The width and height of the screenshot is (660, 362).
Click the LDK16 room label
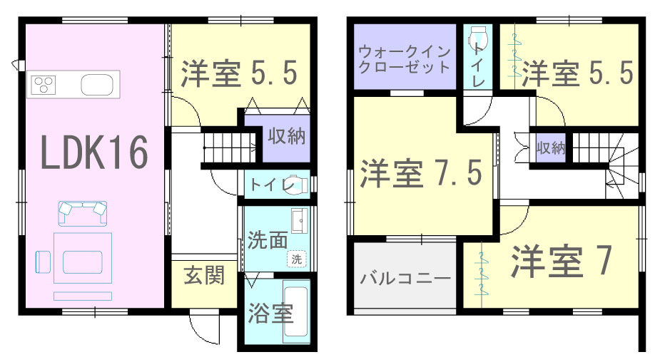click(95, 152)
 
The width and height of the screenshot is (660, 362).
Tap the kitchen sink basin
click(97, 85)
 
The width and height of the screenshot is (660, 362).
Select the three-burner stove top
click(44, 85)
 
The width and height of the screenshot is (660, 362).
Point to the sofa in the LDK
click(82, 213)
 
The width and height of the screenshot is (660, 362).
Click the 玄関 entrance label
click(204, 276)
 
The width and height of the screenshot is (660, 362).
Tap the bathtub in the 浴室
click(297, 311)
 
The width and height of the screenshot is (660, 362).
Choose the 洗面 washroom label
click(268, 240)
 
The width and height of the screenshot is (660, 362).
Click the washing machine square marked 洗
click(297, 259)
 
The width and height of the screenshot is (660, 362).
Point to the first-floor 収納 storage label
click(287, 136)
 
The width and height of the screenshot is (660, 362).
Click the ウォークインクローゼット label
click(405, 60)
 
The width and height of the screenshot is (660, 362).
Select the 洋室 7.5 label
click(421, 173)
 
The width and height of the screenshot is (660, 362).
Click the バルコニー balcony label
click(405, 279)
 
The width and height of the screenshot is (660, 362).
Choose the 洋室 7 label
click(561, 261)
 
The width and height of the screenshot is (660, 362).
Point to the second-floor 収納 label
click(551, 148)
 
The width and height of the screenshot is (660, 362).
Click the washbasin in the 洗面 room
click(300, 220)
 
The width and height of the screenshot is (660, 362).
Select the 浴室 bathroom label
click(270, 314)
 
